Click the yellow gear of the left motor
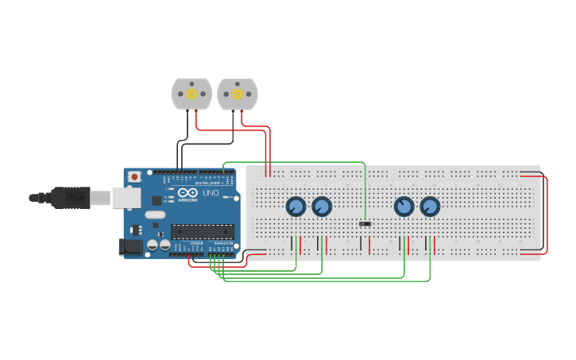(x=191, y=94)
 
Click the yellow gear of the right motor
(x=237, y=94)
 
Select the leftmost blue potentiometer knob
(x=296, y=207)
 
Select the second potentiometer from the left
(x=322, y=207)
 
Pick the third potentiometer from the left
(x=404, y=207)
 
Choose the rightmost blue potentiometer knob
(x=430, y=207)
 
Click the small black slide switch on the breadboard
(x=365, y=224)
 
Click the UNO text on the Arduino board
(x=211, y=193)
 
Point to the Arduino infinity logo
(x=187, y=193)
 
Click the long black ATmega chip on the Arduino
(x=203, y=231)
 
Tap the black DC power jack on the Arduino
(x=130, y=247)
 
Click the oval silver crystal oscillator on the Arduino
(x=155, y=215)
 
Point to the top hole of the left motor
(x=191, y=82)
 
